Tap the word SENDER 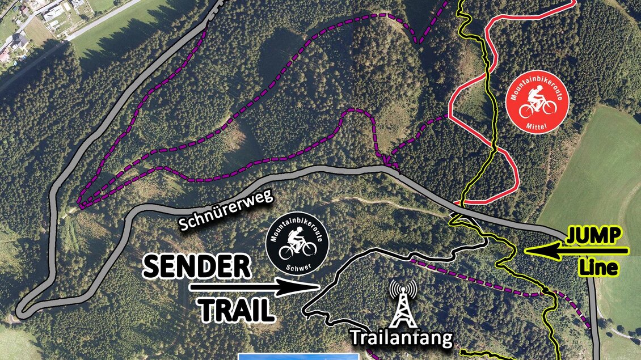196,266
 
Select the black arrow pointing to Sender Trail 255,287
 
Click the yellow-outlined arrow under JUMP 576,250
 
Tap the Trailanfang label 402,338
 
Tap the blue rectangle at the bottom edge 298,356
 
